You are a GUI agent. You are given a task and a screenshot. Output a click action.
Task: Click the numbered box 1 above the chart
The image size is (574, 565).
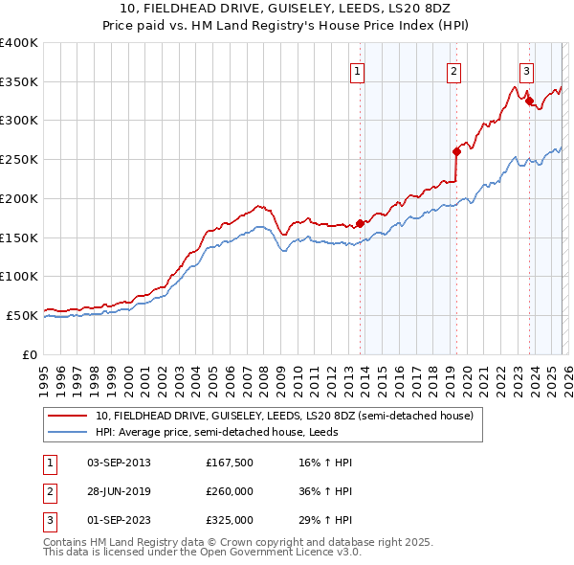pos(357,70)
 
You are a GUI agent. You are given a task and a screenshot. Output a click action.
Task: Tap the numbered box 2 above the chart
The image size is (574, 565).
pos(453,70)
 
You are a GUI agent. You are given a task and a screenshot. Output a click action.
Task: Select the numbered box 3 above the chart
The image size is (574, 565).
pos(526,70)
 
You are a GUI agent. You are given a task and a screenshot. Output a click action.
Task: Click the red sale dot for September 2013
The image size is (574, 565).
pos(360,224)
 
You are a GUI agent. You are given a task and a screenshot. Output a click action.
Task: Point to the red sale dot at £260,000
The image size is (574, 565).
pos(457,150)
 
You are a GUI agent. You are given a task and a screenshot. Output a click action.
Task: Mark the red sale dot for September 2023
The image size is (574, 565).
pos(529,100)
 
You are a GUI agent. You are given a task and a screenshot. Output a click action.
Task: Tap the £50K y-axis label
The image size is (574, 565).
pos(23,315)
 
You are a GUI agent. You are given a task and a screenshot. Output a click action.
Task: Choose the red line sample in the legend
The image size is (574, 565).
pos(68,416)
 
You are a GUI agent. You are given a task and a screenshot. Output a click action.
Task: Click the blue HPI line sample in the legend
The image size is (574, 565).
pos(68,432)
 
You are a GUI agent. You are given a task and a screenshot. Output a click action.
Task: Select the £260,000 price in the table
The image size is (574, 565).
pos(230,491)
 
